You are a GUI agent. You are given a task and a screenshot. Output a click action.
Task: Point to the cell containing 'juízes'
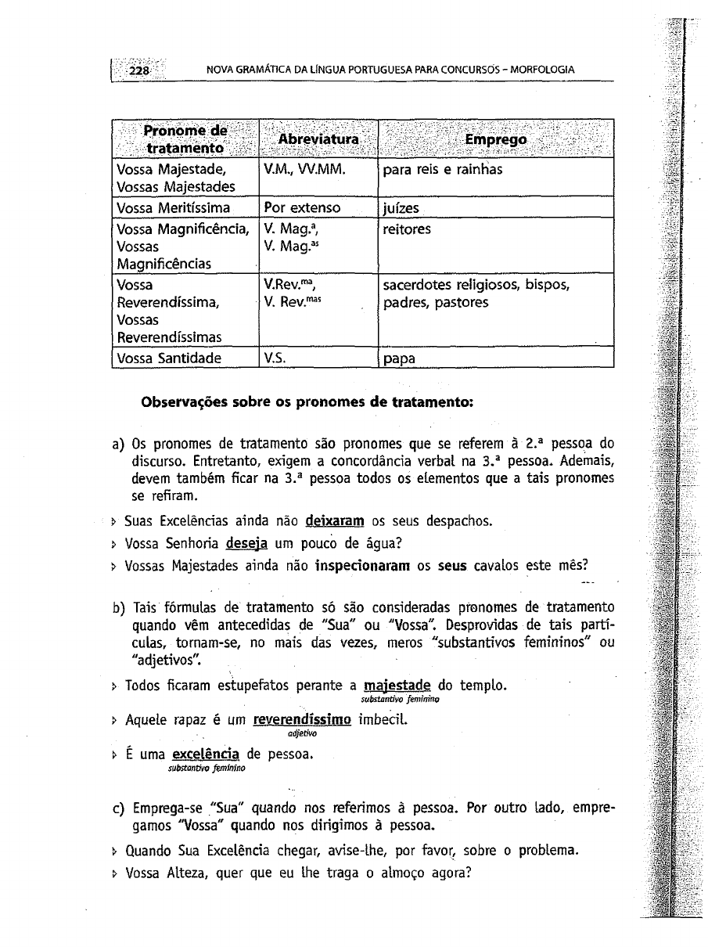point(401,208)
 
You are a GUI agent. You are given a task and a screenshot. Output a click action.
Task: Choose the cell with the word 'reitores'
point(407,230)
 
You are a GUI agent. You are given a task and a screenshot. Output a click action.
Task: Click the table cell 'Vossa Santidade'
point(169,358)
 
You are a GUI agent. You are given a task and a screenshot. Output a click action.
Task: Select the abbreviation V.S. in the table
point(274,358)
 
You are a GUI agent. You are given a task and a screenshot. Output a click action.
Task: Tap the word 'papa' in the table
point(399,360)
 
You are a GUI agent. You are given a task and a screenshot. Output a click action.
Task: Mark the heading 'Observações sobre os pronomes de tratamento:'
point(307,403)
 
